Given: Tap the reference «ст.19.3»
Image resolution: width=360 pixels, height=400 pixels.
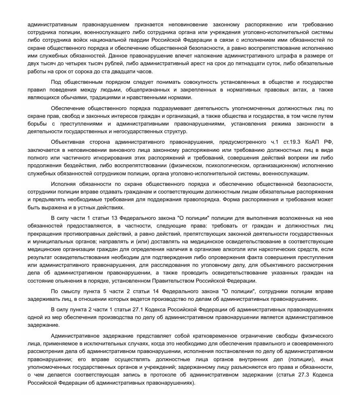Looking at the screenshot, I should tap(293, 142).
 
